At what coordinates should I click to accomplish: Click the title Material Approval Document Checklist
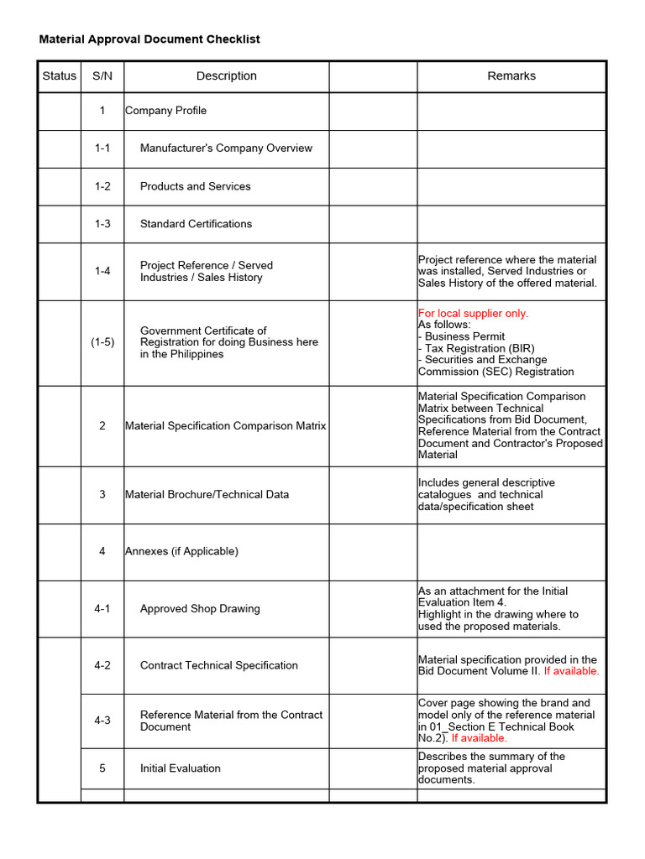[x=149, y=39]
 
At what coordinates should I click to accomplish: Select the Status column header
[x=59, y=75]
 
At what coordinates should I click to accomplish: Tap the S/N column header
[x=102, y=75]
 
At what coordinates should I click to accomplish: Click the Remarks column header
[x=511, y=75]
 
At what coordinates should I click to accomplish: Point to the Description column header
[x=226, y=75]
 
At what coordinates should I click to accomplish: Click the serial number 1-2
[x=102, y=186]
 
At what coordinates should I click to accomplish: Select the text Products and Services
[x=195, y=186]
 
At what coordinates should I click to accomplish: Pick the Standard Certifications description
[x=196, y=224]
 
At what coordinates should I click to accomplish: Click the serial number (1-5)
[x=102, y=342]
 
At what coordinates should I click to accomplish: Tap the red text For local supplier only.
[x=474, y=313]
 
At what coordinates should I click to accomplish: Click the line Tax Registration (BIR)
[x=479, y=348]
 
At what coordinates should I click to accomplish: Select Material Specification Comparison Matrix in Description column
[x=225, y=426]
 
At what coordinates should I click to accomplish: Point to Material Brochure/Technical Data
[x=207, y=495]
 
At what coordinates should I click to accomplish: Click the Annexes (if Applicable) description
[x=181, y=551]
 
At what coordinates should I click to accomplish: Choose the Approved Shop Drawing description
[x=200, y=609]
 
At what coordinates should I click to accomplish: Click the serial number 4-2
[x=102, y=665]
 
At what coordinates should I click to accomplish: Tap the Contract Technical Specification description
[x=218, y=665]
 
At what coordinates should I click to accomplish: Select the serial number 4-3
[x=102, y=721]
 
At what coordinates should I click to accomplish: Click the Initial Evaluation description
[x=180, y=768]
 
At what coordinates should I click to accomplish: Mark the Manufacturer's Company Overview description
[x=226, y=148]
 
